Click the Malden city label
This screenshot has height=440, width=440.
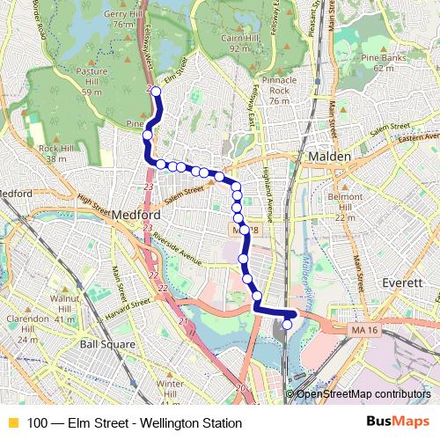[330, 156]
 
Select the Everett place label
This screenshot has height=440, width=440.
[404, 282]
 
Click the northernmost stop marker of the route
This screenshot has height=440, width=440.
[157, 92]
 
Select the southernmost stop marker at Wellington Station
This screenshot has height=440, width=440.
[287, 325]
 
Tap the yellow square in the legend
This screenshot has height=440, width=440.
[11, 423]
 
